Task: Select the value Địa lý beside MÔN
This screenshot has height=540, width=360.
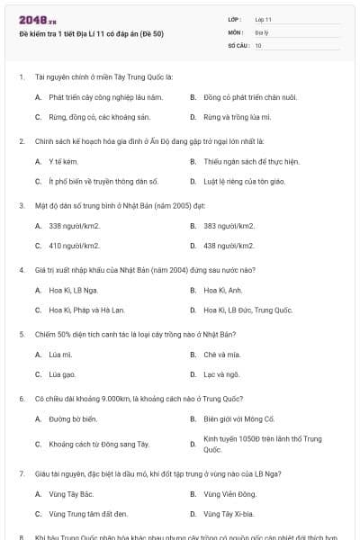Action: [261, 31]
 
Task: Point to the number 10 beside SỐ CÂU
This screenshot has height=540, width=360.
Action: [258, 44]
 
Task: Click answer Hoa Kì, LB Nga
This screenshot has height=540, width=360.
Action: [73, 291]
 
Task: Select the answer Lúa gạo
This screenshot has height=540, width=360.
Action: [62, 374]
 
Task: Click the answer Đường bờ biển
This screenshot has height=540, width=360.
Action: [73, 419]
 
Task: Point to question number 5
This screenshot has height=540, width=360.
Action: [21, 334]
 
